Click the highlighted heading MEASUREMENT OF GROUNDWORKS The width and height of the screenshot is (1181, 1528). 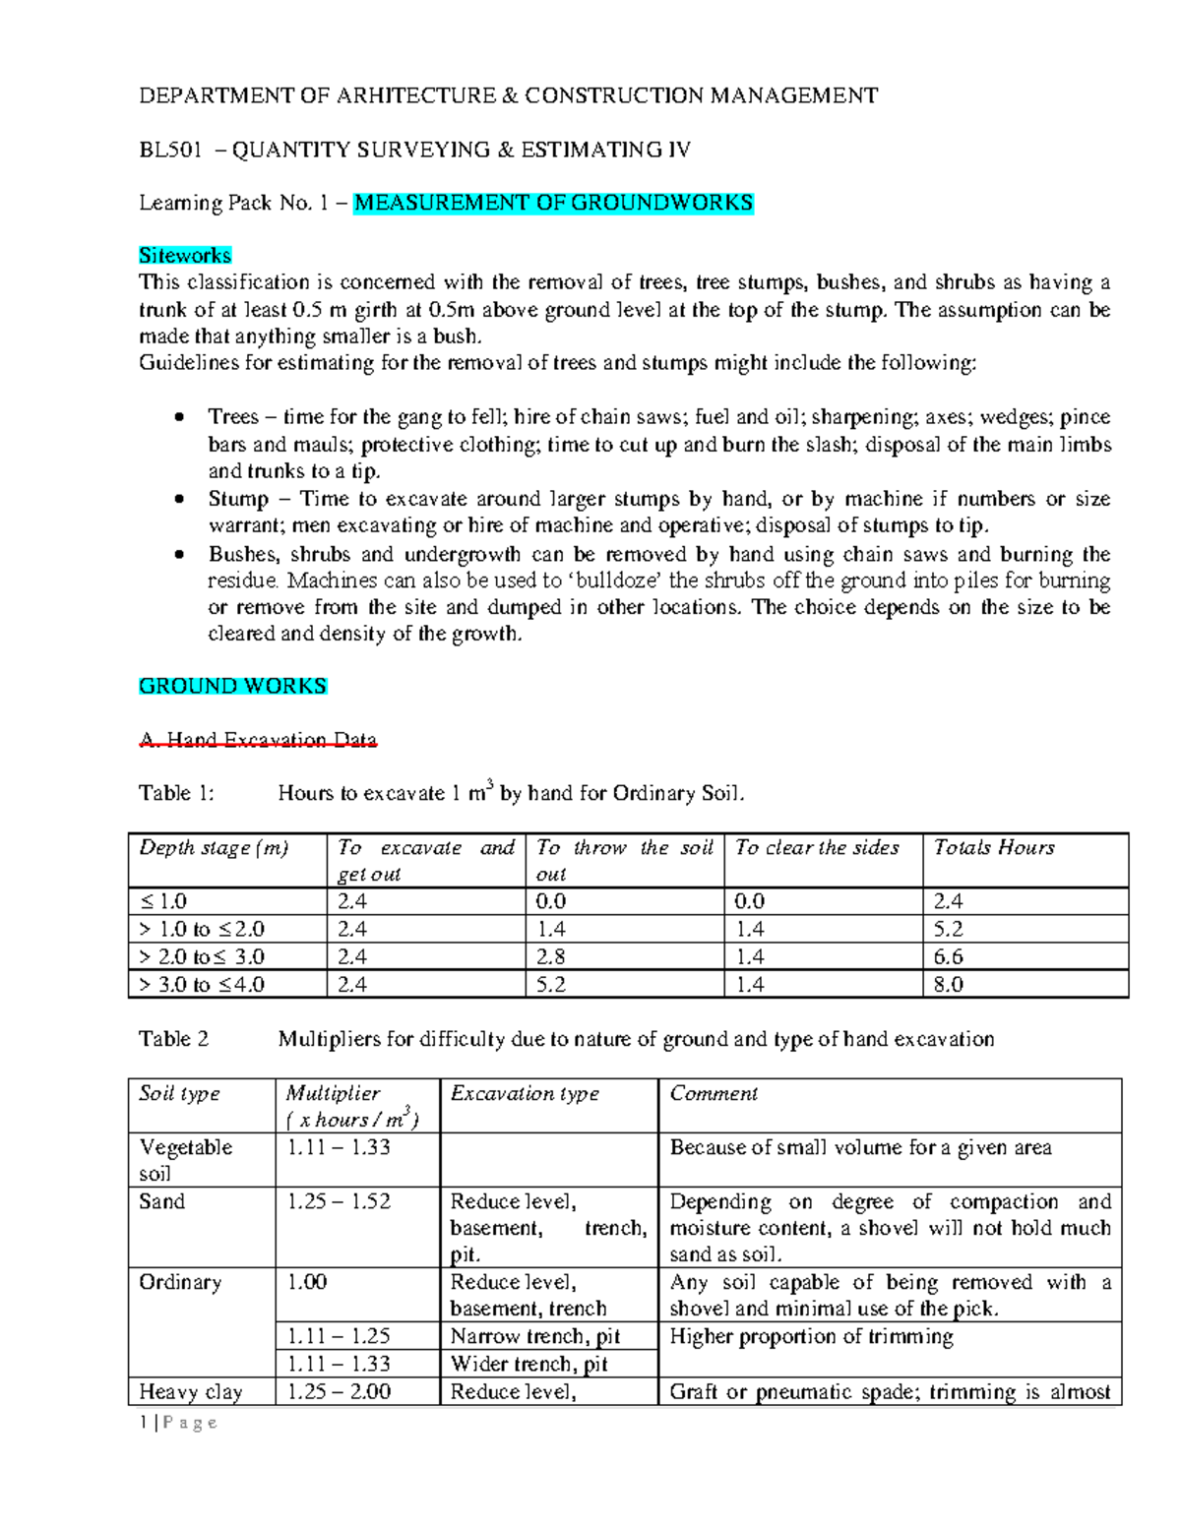[x=553, y=203]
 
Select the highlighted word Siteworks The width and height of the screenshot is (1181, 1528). [x=185, y=256]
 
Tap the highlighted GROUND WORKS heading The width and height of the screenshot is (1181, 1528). [x=232, y=686]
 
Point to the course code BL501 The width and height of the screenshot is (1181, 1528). [x=169, y=150]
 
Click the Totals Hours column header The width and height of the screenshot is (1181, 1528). [x=994, y=848]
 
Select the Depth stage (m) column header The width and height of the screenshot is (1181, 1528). [x=214, y=848]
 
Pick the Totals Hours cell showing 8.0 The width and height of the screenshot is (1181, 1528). [x=949, y=984]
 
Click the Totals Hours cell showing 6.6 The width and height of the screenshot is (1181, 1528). [x=949, y=956]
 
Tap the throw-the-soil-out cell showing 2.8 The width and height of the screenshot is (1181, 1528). [x=551, y=956]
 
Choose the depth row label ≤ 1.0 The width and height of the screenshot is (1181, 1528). [x=163, y=901]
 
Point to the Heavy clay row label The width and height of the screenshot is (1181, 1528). [x=190, y=1391]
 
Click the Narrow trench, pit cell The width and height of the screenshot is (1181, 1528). [x=535, y=1336]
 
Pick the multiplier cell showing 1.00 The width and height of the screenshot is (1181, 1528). [x=307, y=1282]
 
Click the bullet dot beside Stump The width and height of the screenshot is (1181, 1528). [x=178, y=499]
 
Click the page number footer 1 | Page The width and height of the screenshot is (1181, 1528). [x=178, y=1423]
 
